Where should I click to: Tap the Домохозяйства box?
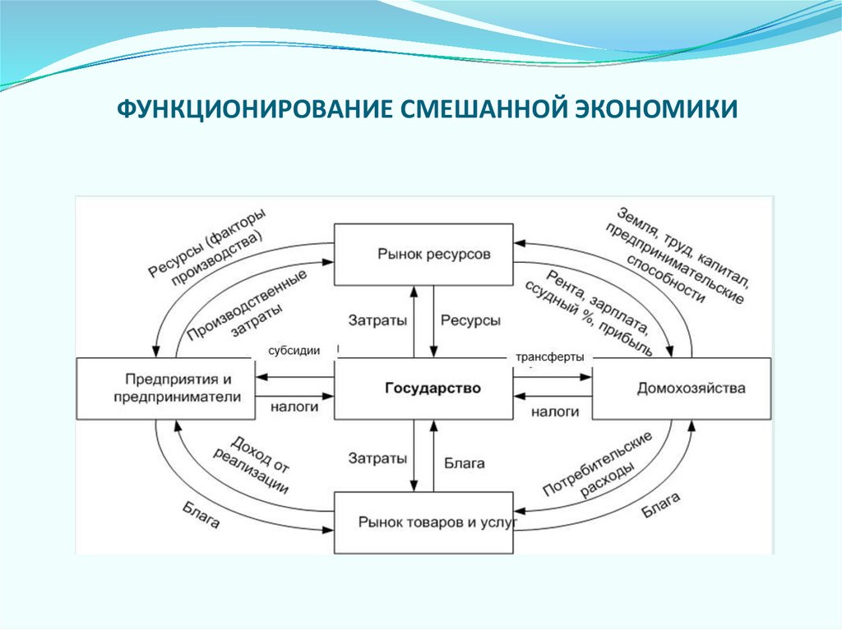click(x=682, y=388)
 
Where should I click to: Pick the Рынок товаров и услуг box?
click(x=424, y=522)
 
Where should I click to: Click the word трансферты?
click(x=550, y=357)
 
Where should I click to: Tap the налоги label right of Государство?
click(x=554, y=411)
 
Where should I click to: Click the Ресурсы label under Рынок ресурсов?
click(x=470, y=321)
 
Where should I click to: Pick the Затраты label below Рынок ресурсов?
click(x=377, y=321)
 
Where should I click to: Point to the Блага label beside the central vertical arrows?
click(x=465, y=462)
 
